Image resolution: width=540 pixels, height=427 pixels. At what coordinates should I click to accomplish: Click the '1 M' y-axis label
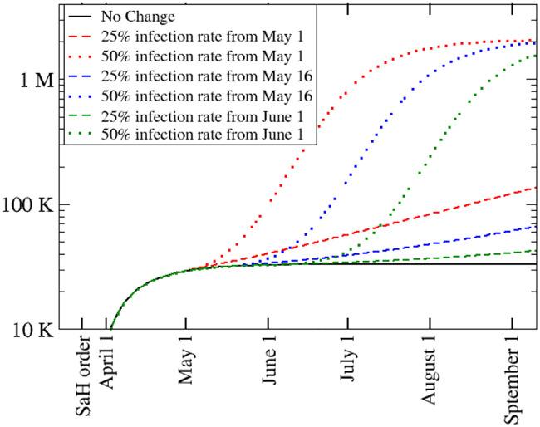[x=36, y=81]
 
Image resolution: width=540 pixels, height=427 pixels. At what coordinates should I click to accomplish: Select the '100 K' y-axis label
[x=28, y=204]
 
